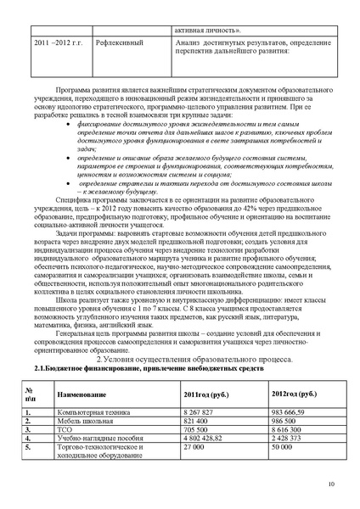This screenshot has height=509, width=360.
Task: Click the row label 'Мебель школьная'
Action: [x=81, y=420]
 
